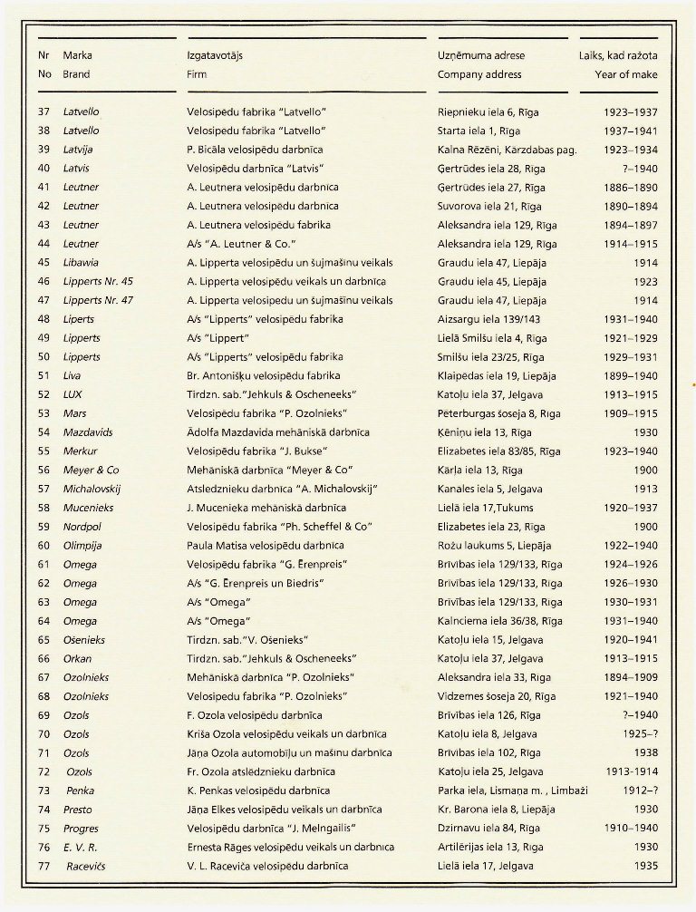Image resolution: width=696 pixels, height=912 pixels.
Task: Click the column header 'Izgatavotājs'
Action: [215, 55]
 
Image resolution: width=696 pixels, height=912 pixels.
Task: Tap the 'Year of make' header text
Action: [626, 74]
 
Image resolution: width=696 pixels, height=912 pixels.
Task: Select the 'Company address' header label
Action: [479, 74]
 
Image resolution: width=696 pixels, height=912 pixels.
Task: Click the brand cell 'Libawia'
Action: [82, 262]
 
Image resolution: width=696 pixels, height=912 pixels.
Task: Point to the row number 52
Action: [43, 394]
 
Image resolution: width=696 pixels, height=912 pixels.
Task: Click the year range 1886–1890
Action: [631, 187]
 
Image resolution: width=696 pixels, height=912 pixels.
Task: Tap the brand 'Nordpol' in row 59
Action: [83, 527]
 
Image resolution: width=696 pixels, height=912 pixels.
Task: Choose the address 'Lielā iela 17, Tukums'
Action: [489, 508]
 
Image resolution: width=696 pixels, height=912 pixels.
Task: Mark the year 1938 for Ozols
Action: [644, 752]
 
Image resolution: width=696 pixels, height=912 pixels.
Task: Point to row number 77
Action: [43, 866]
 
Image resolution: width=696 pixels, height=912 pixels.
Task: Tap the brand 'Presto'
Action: [78, 809]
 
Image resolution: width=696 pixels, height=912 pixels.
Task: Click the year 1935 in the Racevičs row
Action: [644, 866]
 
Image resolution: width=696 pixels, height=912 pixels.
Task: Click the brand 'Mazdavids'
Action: [88, 432]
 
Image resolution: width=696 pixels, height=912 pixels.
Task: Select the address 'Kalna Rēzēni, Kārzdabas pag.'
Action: [507, 150]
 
